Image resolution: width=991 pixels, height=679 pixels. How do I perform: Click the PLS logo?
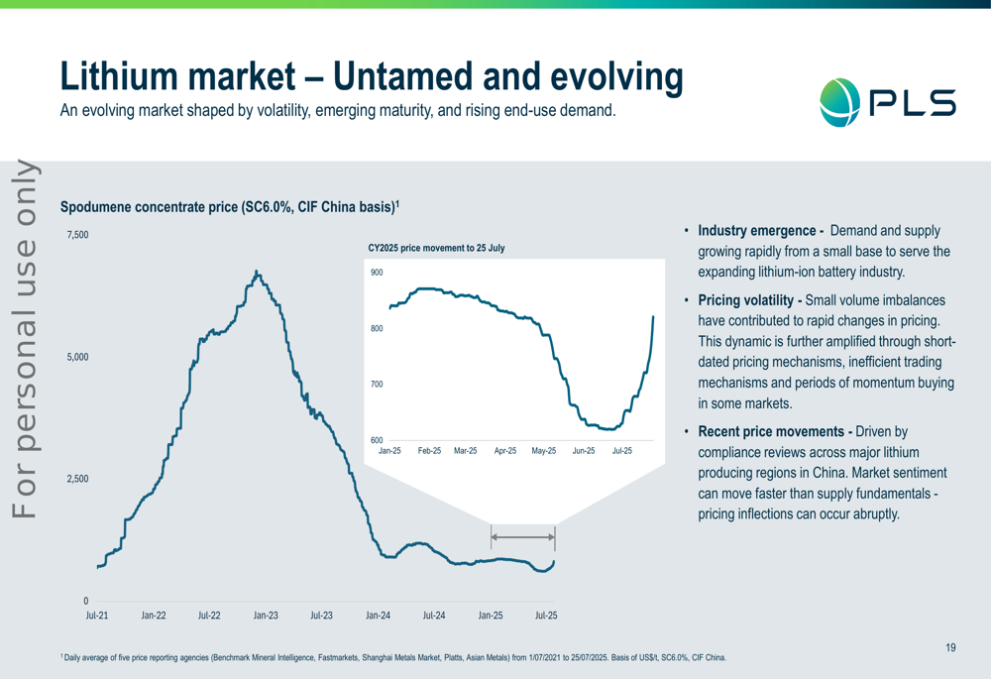(888, 102)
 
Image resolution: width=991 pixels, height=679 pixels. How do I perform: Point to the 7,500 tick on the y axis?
(77, 235)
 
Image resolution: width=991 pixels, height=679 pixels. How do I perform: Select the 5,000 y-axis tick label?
(77, 357)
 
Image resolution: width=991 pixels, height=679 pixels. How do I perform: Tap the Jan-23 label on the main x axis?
(266, 616)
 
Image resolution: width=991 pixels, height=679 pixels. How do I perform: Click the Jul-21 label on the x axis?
(97, 616)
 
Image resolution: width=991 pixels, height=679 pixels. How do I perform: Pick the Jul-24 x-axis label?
(434, 616)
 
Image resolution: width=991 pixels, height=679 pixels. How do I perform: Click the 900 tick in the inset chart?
(377, 273)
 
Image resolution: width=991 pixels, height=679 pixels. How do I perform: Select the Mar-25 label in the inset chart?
(466, 451)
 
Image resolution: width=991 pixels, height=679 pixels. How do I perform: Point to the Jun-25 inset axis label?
(584, 451)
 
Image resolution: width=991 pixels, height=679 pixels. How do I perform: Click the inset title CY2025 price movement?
(436, 248)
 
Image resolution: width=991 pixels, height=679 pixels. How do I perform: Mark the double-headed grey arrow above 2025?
(523, 537)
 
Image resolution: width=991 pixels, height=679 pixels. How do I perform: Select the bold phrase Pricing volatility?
(750, 299)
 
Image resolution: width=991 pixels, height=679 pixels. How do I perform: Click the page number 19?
(950, 648)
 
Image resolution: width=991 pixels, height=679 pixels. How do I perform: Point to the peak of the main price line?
(257, 271)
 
